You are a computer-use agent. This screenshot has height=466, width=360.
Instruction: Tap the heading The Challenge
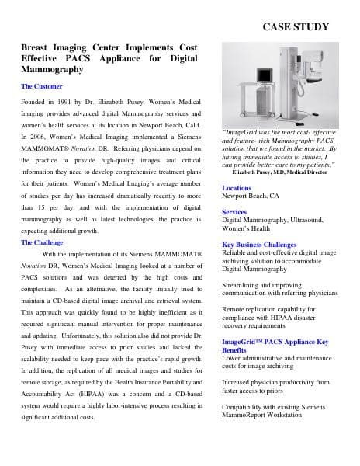44,242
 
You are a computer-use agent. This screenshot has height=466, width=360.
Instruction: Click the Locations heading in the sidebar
237,188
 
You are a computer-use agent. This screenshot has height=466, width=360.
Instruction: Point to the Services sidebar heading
234,211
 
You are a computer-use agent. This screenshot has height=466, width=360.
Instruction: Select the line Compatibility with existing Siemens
272,406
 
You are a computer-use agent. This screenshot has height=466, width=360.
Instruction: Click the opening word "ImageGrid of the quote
241,133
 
